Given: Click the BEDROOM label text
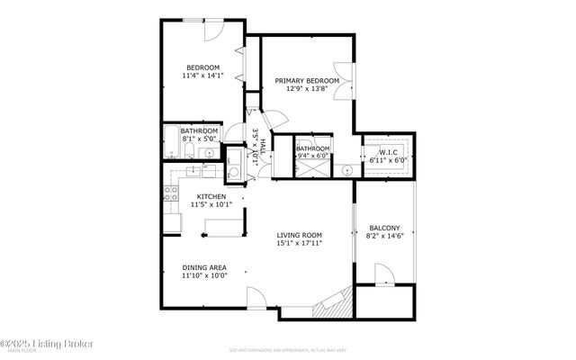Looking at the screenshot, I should [202, 67].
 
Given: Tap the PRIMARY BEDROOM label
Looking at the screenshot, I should [307, 81].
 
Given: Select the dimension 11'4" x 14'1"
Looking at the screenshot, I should [202, 76].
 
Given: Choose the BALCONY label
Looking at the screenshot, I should [384, 229].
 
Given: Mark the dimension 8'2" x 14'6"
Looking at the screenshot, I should [384, 238].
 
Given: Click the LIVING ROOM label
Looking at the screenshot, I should [300, 234].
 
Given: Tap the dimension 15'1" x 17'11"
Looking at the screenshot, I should [300, 243].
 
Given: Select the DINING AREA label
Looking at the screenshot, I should [204, 267].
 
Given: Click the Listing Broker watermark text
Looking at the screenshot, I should [36, 344].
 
